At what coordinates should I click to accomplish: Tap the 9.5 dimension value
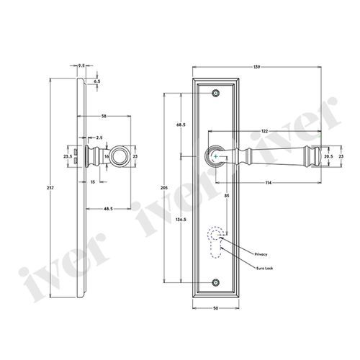click(84, 65)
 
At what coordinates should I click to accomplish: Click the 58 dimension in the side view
click(105, 115)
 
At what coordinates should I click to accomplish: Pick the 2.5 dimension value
click(99, 137)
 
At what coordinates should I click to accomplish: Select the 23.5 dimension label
click(68, 155)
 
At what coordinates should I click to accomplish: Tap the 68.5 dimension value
click(180, 125)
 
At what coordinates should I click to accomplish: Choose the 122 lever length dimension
click(266, 131)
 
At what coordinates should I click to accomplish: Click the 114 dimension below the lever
click(269, 181)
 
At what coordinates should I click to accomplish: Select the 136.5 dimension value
click(180, 219)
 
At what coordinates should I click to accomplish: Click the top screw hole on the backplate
click(217, 93)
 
